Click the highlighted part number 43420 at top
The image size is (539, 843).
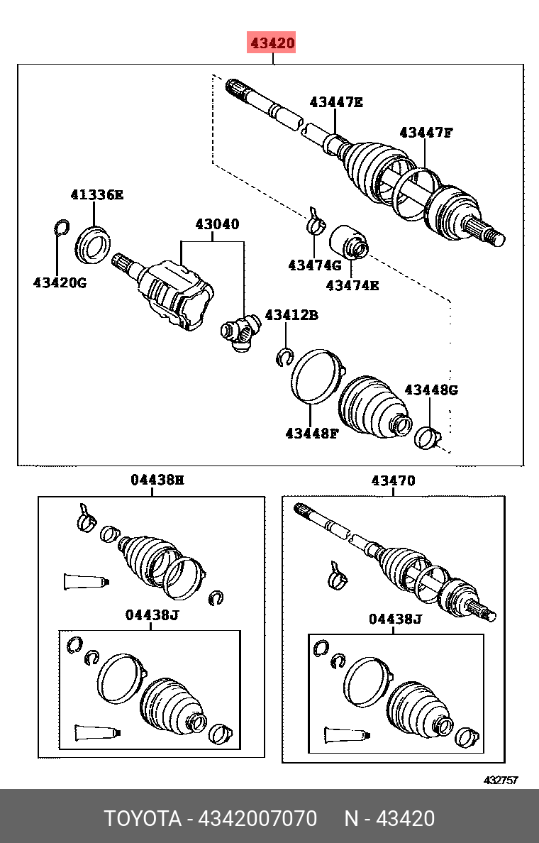pyautogui.click(x=272, y=43)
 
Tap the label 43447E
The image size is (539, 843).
pyautogui.click(x=336, y=102)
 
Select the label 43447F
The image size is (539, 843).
pyautogui.click(x=426, y=132)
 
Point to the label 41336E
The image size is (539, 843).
pyautogui.click(x=96, y=194)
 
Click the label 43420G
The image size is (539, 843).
pyautogui.click(x=60, y=282)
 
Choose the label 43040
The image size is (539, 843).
pyautogui.click(x=217, y=224)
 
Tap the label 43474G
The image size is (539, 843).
pyautogui.click(x=315, y=265)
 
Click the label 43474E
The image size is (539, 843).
pyautogui.click(x=352, y=285)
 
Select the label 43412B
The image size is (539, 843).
pyautogui.click(x=291, y=315)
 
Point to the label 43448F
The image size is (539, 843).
pyautogui.click(x=312, y=434)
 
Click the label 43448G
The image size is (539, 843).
pyautogui.click(x=431, y=390)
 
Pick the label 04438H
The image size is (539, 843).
pyautogui.click(x=157, y=480)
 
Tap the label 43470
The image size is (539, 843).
pyautogui.click(x=394, y=480)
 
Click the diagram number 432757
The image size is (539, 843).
pyautogui.click(x=500, y=780)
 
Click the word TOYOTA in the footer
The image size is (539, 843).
pyautogui.click(x=143, y=818)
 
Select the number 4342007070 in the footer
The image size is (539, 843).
pyautogui.click(x=257, y=818)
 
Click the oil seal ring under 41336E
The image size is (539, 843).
pyautogui.click(x=94, y=246)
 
